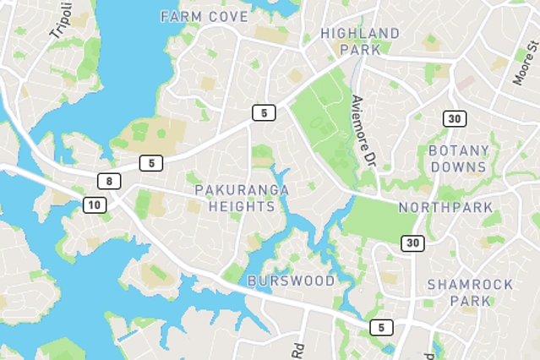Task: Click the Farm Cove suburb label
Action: click(204, 17)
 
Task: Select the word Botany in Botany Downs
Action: click(459, 150)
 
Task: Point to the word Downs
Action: click(459, 166)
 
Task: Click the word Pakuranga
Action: click(242, 189)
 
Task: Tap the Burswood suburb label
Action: click(291, 281)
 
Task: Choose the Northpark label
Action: click(445, 207)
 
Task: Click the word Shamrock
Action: click(470, 285)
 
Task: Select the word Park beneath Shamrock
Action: click(470, 301)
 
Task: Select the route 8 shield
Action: click(109, 181)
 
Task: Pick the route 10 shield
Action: click(95, 205)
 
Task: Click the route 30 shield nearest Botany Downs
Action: click(455, 119)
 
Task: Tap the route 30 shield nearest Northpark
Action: click(412, 243)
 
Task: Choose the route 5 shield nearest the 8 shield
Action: click(151, 163)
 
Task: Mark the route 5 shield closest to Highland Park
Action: click(264, 112)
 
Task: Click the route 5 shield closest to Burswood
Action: click(381, 327)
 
